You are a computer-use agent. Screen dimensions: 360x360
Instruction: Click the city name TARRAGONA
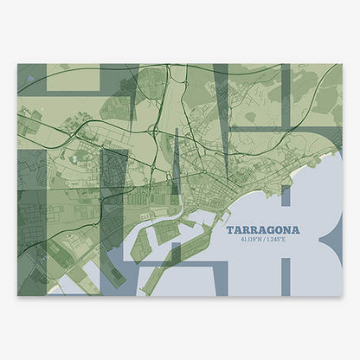(262, 230)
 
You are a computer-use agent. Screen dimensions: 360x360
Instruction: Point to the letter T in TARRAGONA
(228, 230)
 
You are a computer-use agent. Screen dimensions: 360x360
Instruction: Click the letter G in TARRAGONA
(270, 230)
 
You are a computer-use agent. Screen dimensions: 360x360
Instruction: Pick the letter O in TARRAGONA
(279, 230)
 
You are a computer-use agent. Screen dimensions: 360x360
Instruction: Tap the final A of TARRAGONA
(296, 230)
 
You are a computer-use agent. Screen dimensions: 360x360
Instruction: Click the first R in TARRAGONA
(245, 230)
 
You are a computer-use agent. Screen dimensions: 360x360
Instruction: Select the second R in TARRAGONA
(254, 230)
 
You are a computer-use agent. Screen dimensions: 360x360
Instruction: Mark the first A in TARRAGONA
(236, 230)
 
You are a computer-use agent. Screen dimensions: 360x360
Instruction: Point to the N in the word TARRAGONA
(287, 230)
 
